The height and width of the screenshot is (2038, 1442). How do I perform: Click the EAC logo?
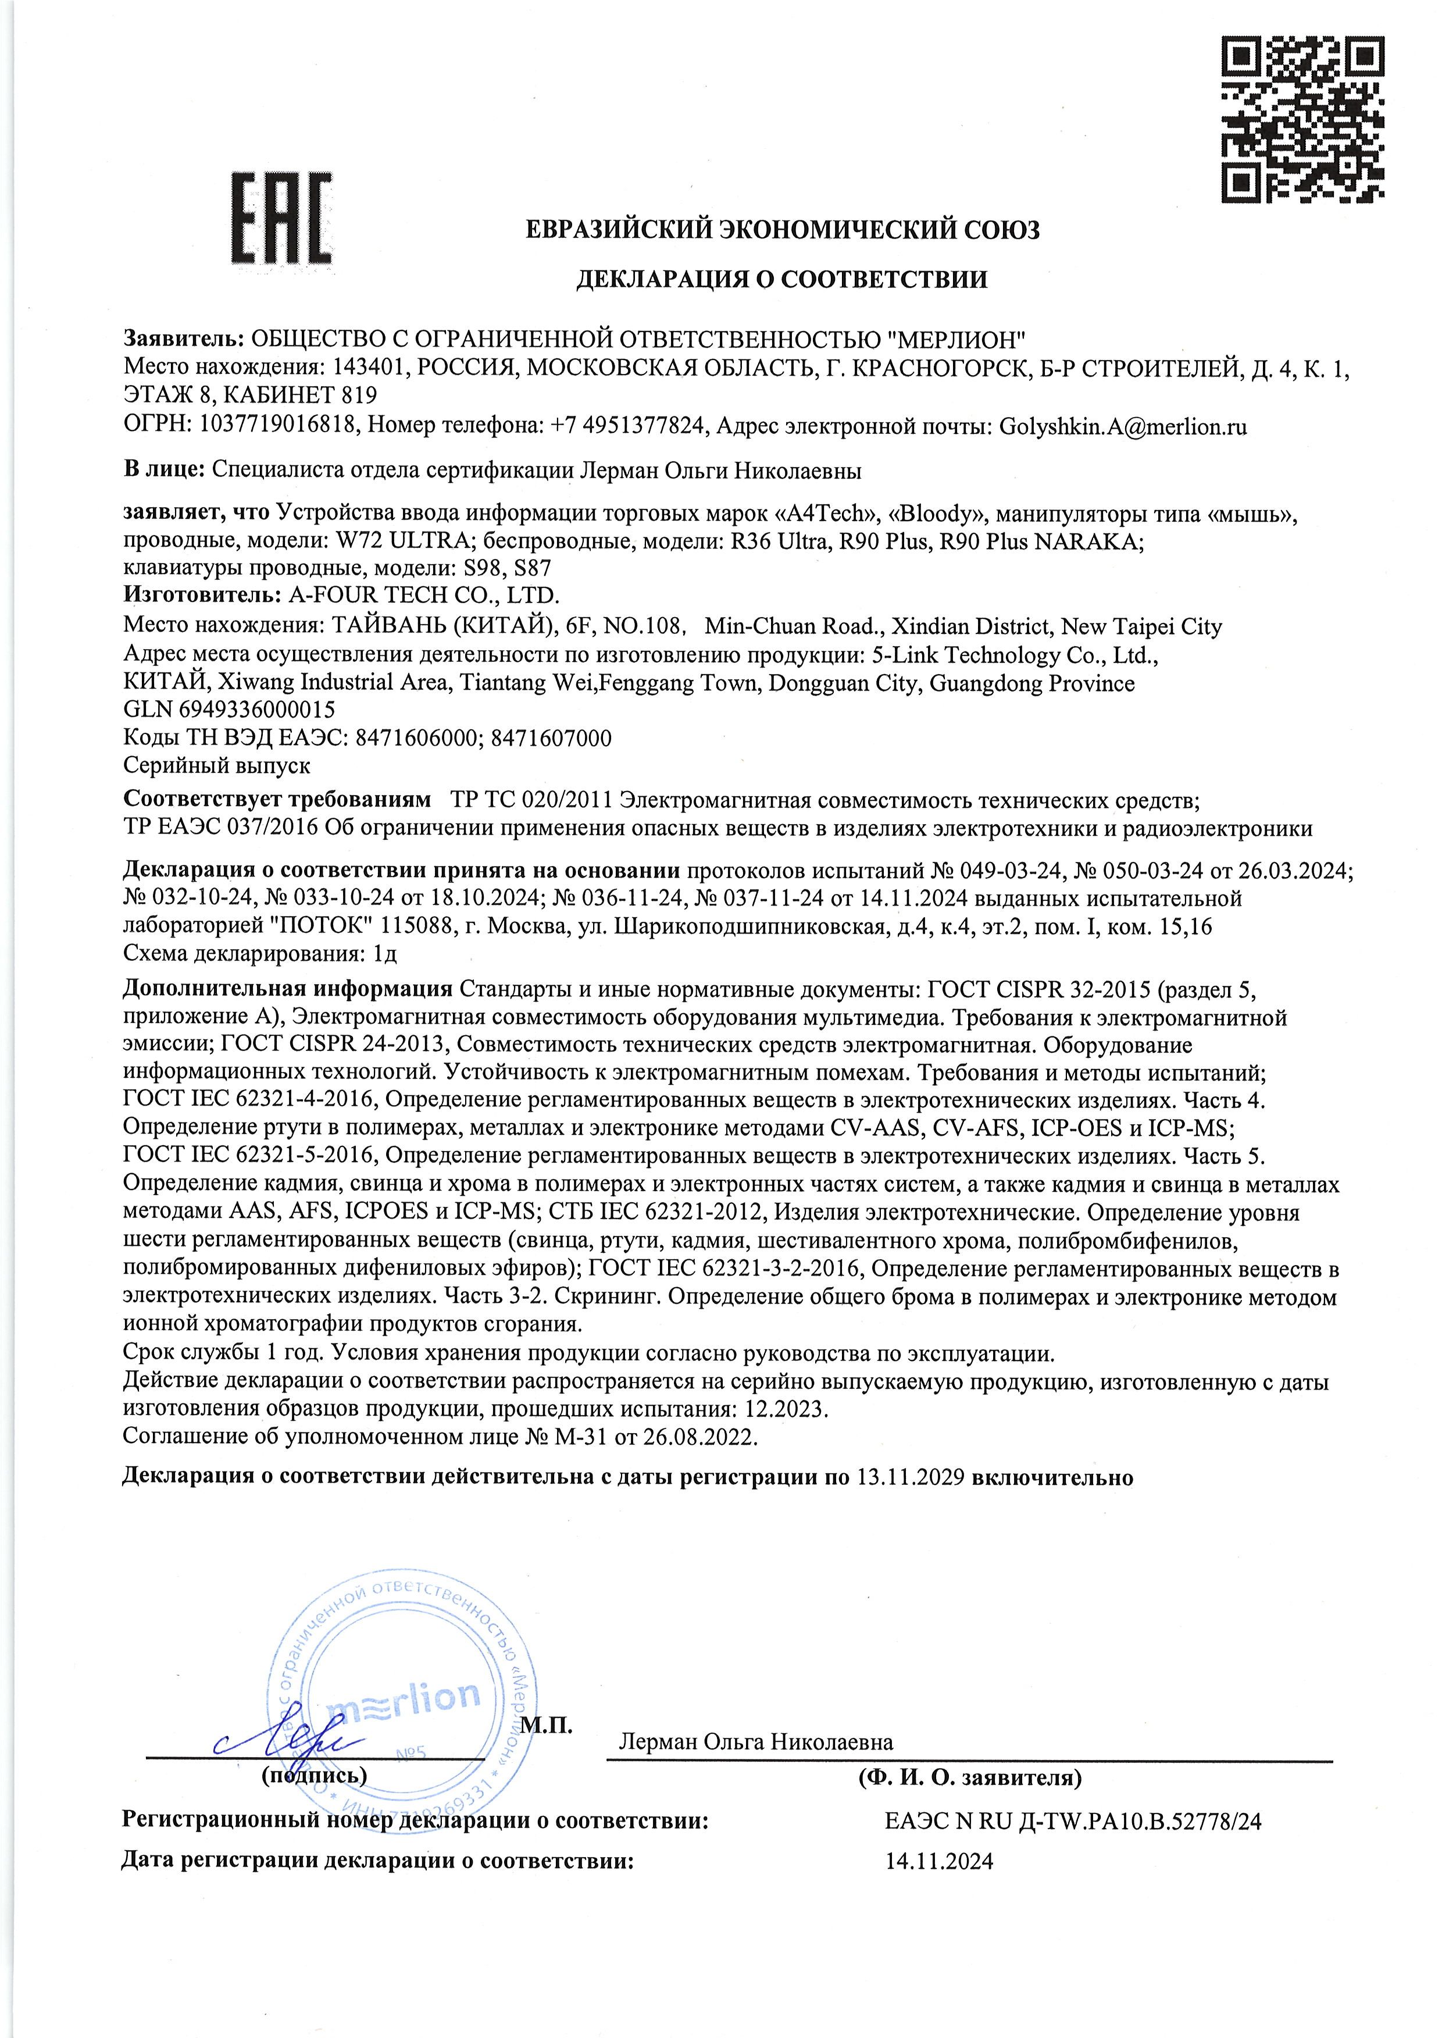click(281, 219)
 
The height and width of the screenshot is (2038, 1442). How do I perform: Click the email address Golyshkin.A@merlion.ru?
click(1123, 426)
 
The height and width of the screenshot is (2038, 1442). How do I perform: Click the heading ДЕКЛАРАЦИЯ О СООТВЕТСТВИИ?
click(781, 280)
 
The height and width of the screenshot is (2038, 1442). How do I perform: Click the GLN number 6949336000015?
click(256, 710)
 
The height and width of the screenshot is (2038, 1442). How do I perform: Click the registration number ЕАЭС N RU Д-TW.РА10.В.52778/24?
click(1073, 1821)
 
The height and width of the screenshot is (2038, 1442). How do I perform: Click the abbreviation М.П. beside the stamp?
click(546, 1726)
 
